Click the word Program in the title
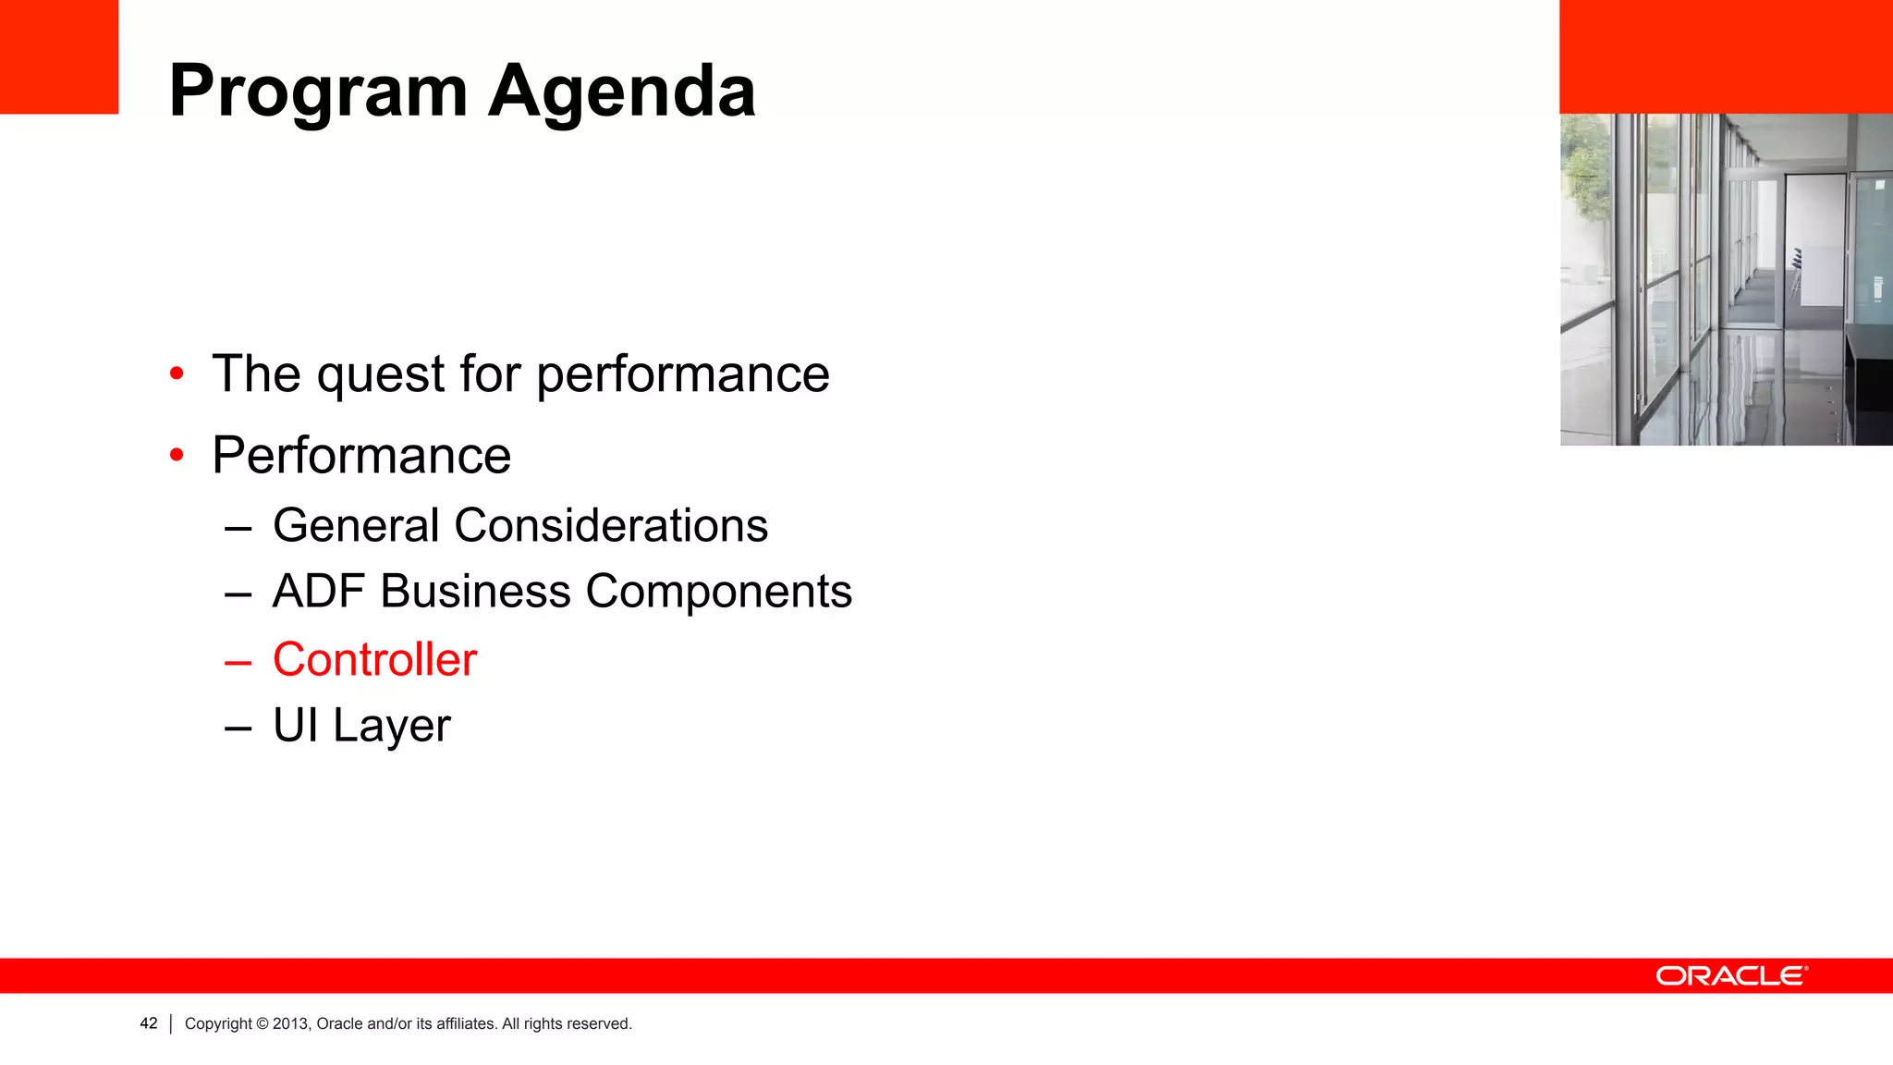318,92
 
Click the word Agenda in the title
622,92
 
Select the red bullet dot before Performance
177,455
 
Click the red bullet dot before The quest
177,373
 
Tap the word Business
475,592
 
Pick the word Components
718,592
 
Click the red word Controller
374,659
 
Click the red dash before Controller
238,661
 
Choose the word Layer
392,726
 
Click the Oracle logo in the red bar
1731,976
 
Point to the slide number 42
149,1023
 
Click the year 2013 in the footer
291,1023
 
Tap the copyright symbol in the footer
262,1023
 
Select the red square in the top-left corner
59,56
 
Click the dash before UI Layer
238,728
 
